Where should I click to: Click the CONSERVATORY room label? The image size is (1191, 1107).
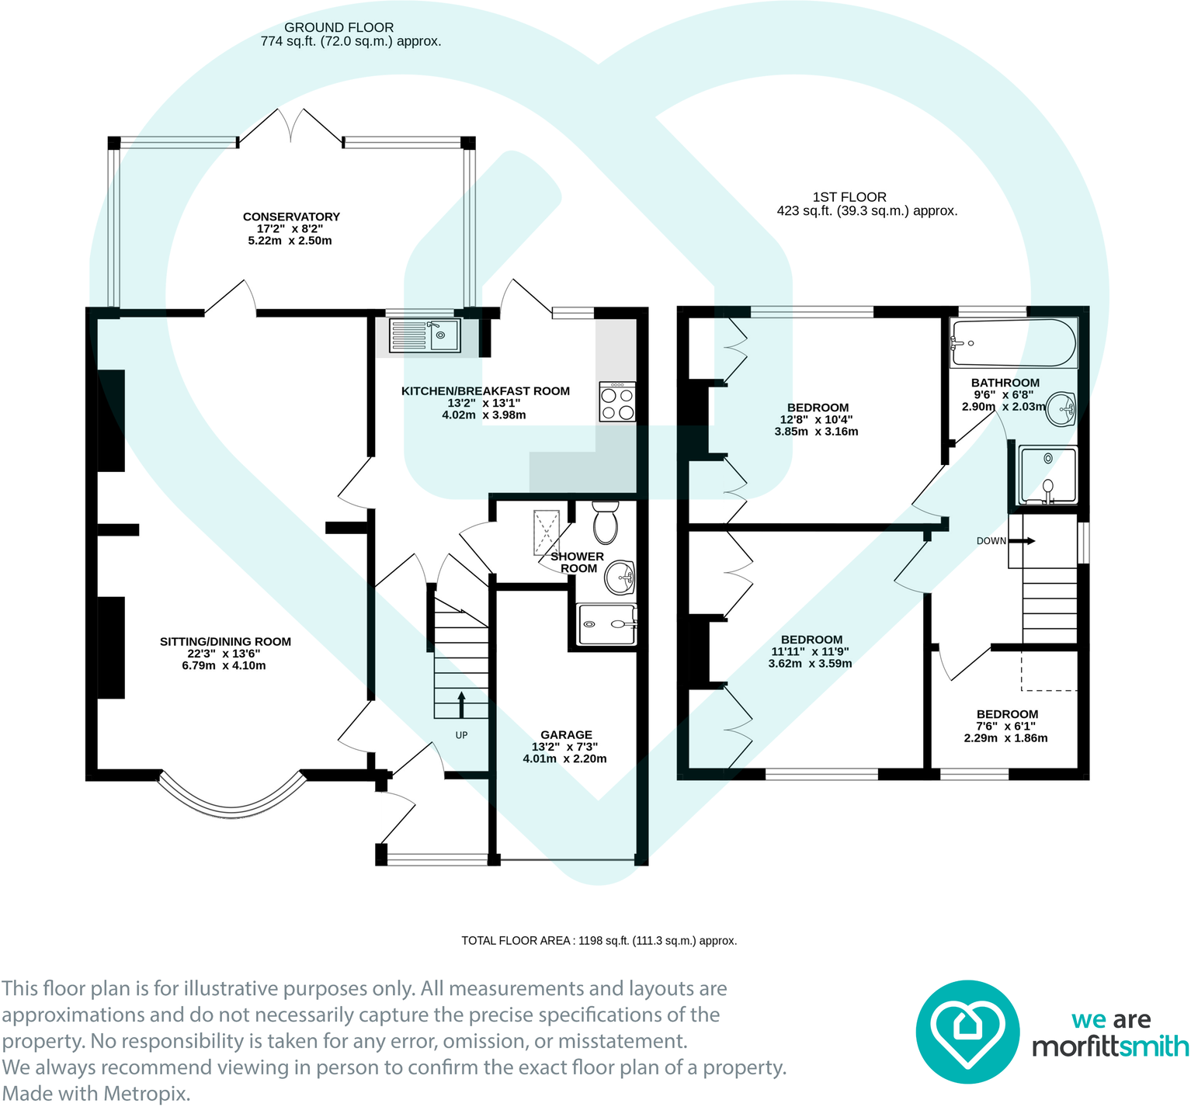pos(291,217)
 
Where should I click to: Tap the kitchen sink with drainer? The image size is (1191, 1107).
pos(425,335)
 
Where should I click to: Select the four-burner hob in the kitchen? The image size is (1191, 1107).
pos(617,401)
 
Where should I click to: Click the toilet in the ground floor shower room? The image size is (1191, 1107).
pos(605,522)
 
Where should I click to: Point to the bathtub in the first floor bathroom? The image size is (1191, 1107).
pos(1014,342)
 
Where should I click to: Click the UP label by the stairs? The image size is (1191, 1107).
pos(461,735)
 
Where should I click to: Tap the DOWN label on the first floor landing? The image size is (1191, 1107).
pos(991,541)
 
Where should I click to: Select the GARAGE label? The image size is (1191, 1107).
pos(566,734)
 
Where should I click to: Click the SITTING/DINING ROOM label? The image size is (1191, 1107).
pos(225,641)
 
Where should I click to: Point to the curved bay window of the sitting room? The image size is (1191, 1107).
pos(231,808)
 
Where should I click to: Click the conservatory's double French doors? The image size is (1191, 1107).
pos(290,127)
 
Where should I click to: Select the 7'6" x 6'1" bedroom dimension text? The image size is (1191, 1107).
pos(1005,726)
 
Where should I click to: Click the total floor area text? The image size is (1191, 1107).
pos(599,941)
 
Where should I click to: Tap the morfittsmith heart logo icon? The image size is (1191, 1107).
pos(967,1032)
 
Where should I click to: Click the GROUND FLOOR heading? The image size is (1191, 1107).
pos(339,27)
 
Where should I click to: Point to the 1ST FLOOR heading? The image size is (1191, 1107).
pos(849,197)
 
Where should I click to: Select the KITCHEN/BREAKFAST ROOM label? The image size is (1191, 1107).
pos(485,391)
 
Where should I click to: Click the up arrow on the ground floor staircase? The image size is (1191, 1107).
pos(462,704)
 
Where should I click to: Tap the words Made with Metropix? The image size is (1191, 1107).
pos(96,1094)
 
